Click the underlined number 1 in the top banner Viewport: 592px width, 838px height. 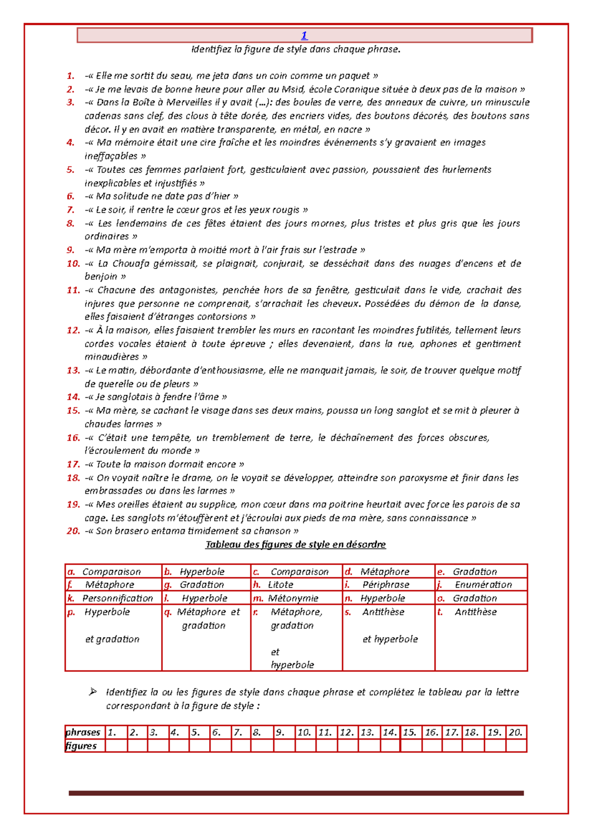click(304, 36)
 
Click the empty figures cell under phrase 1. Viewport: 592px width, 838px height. click(116, 746)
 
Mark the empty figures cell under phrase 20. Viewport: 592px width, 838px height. click(516, 746)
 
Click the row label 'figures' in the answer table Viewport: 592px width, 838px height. click(81, 746)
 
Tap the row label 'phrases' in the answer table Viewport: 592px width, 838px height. click(83, 732)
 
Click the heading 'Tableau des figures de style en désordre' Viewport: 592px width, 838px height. click(296, 545)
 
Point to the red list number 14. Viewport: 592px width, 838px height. click(73, 397)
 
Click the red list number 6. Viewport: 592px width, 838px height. click(71, 196)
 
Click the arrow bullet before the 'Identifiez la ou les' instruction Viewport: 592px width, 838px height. click(93, 692)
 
